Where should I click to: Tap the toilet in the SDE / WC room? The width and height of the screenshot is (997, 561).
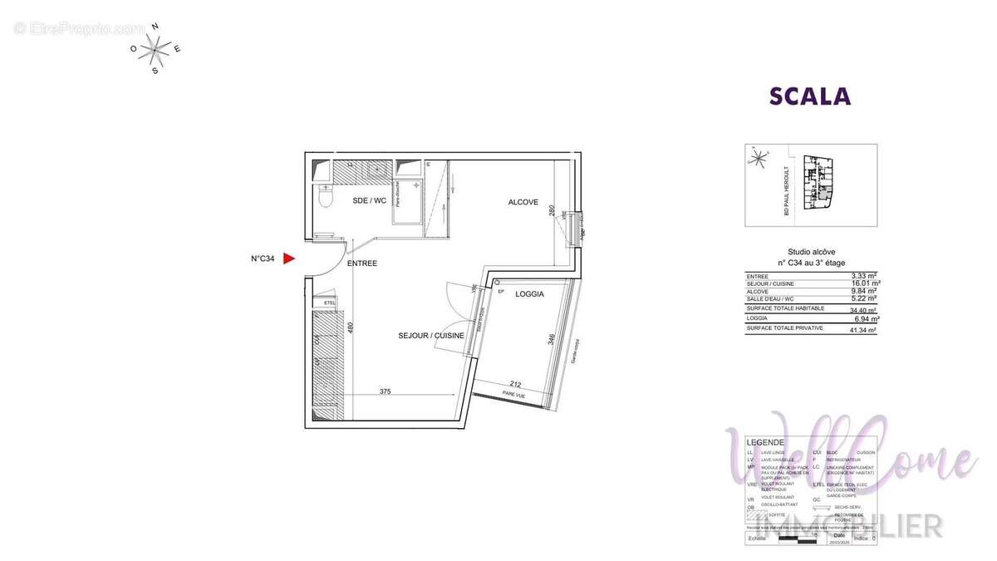pos(326,199)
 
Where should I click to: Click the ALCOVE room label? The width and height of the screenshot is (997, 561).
pos(523,202)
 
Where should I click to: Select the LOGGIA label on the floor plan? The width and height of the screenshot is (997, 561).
pos(529,294)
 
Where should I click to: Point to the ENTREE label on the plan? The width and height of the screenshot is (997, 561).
pos(362,263)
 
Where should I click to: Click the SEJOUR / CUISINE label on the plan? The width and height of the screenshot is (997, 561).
pos(431,335)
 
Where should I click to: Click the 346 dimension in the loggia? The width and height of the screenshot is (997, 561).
pos(552,341)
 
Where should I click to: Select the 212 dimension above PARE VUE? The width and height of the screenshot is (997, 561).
pos(516,384)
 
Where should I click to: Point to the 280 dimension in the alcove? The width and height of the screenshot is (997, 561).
pos(552,209)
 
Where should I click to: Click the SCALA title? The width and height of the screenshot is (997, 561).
pos(810,96)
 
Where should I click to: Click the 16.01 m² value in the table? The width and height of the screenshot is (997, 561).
pos(864,283)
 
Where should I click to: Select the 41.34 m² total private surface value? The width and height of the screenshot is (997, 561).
pos(864,329)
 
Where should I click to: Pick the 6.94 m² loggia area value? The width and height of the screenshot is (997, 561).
pos(865,318)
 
